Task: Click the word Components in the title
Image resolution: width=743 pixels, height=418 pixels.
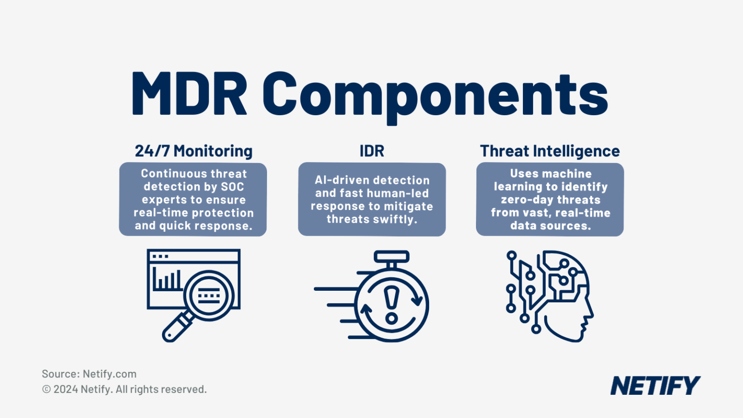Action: pyautogui.click(x=435, y=95)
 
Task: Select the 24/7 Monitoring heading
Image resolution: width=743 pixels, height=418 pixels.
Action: pyautogui.click(x=193, y=151)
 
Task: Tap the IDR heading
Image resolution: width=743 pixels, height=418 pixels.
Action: pyautogui.click(x=371, y=151)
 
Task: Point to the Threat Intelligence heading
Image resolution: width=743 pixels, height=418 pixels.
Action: pyautogui.click(x=550, y=151)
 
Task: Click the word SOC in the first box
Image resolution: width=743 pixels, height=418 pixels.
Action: pyautogui.click(x=232, y=187)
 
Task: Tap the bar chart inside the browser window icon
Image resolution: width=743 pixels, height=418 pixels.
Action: pyautogui.click(x=166, y=280)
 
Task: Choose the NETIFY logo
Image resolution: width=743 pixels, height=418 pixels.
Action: pyautogui.click(x=655, y=386)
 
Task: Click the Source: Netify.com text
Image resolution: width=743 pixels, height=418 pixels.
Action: pyautogui.click(x=89, y=374)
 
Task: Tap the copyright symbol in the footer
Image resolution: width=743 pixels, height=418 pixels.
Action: pyautogui.click(x=46, y=389)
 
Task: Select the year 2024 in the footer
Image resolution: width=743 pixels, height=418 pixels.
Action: pyautogui.click(x=66, y=389)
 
